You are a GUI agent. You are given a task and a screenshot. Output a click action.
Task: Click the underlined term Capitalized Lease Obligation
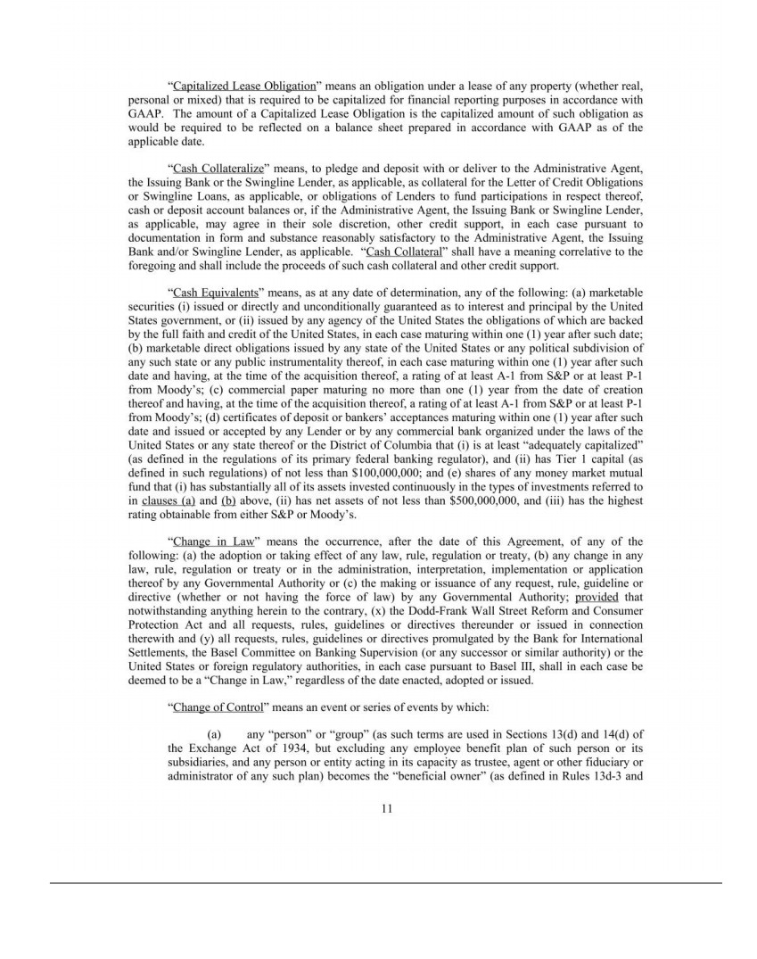[244, 87]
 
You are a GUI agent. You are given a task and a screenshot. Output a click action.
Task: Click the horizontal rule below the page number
[385, 883]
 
